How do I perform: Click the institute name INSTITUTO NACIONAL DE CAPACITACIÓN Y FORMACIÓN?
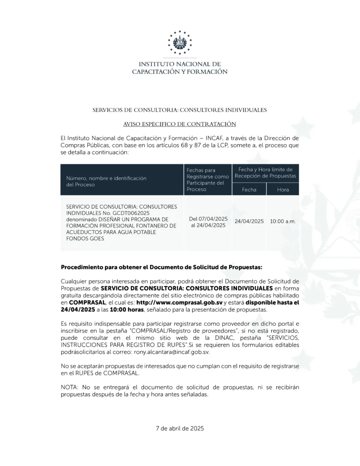180,68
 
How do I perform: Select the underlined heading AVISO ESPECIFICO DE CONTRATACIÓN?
180,124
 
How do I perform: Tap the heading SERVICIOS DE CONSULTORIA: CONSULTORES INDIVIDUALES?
180,110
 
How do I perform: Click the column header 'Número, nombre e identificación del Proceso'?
107,182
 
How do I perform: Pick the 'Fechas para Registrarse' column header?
208,179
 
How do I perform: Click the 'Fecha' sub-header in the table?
249,189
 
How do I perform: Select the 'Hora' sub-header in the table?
283,189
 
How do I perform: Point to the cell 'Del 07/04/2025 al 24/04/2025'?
208,222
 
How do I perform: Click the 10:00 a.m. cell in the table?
283,221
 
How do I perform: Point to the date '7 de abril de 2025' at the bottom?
180,428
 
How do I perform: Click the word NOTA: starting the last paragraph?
69,387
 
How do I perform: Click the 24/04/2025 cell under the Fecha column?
249,221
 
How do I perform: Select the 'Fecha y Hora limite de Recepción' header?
265,172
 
